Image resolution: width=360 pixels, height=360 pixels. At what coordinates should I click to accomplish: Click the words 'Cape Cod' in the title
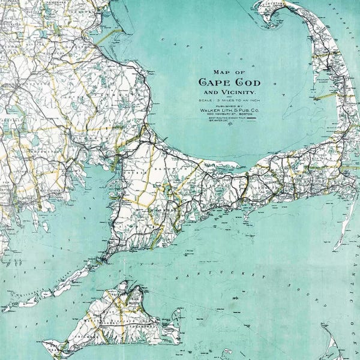tap(228, 83)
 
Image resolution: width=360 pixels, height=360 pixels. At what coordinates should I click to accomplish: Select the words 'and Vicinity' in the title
tap(229, 93)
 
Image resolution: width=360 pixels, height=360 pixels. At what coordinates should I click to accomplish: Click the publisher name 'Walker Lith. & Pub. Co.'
tap(228, 111)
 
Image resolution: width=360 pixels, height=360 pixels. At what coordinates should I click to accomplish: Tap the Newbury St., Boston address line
tap(227, 116)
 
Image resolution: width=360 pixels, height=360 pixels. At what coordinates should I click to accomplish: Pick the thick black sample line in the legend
tap(251, 119)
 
